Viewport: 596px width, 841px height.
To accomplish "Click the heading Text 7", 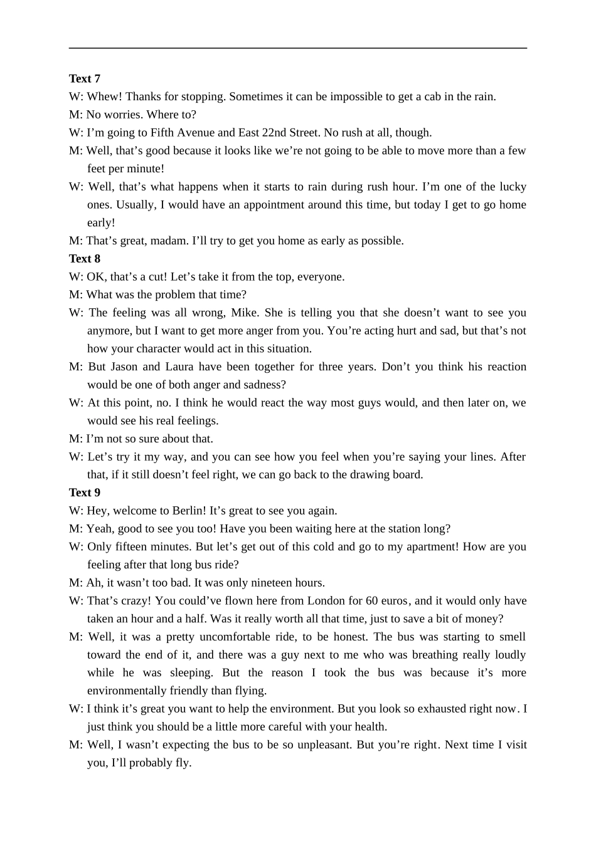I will coord(85,78).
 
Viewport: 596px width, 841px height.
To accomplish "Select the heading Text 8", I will coord(85,258).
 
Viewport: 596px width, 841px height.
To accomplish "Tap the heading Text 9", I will coord(85,493).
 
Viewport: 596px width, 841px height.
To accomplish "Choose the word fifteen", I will coord(134,546).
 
